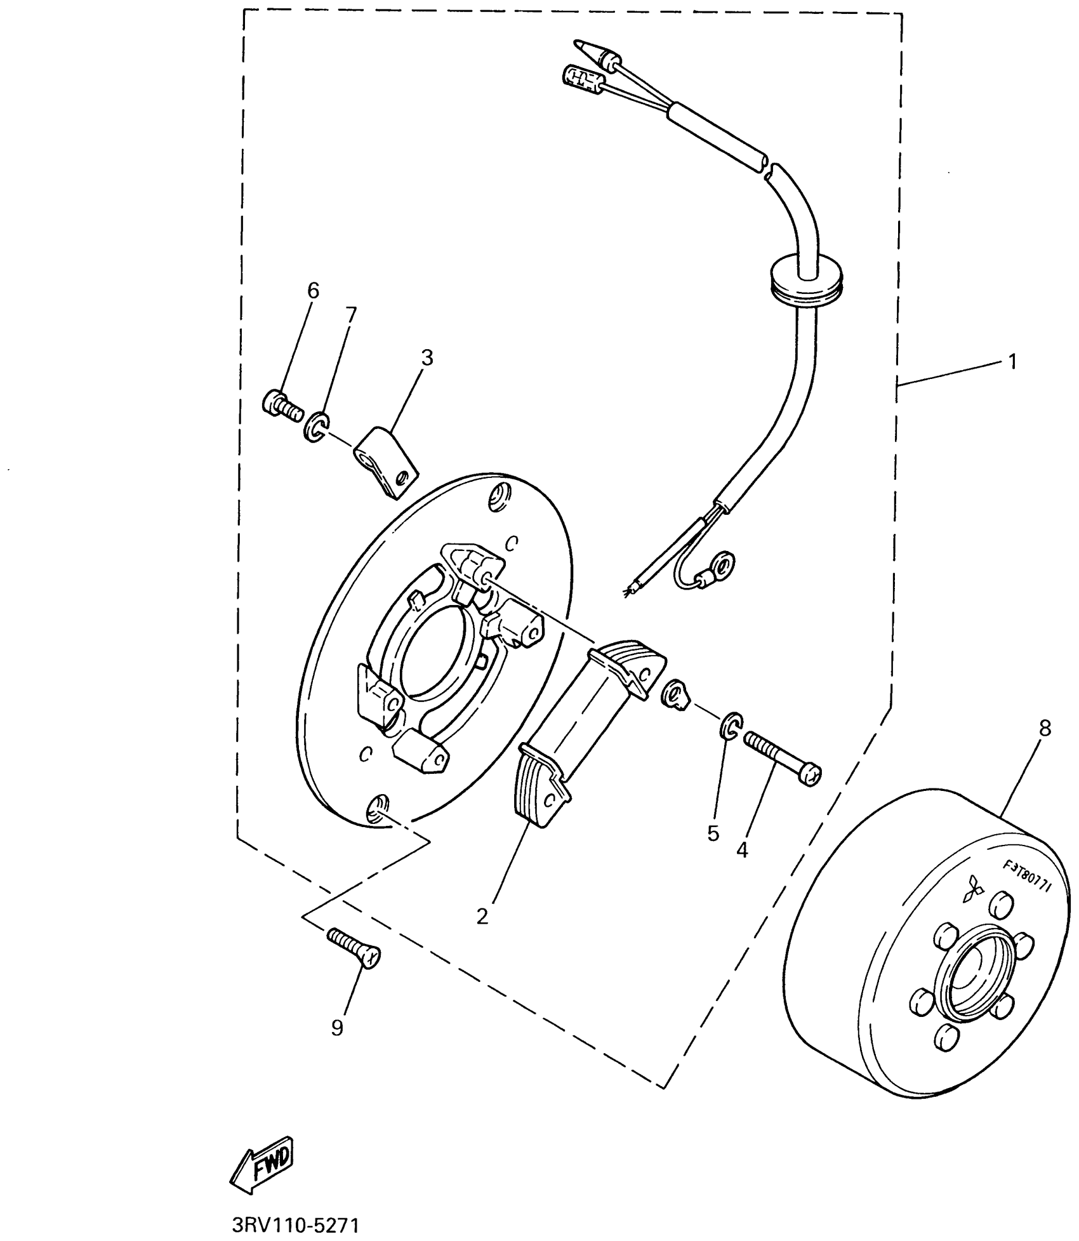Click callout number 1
tap(1012, 362)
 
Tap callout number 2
tap(482, 917)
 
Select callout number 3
tap(427, 359)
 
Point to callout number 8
tap(1045, 729)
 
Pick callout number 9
tap(337, 1028)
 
